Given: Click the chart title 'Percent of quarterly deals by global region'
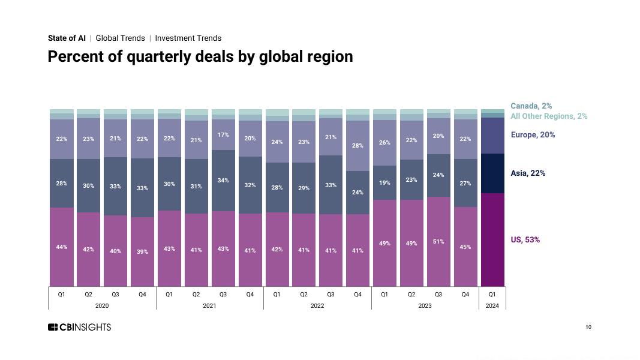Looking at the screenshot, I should click(x=200, y=56).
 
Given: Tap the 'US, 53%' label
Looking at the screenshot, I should click(x=525, y=240).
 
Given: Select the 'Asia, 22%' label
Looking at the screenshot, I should click(x=528, y=173).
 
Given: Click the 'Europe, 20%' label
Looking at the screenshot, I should click(x=533, y=135).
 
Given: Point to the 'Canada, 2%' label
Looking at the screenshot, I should click(x=531, y=106).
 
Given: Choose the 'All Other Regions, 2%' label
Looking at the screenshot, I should click(x=549, y=116).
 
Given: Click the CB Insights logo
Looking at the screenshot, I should click(x=79, y=327).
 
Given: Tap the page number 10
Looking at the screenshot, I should click(x=588, y=327).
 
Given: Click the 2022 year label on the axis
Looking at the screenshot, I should click(x=317, y=306).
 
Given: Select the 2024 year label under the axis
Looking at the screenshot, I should click(x=492, y=306).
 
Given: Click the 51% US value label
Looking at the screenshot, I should click(x=438, y=242).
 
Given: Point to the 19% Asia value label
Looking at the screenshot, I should click(x=384, y=183).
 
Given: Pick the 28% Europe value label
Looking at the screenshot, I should click(x=357, y=146).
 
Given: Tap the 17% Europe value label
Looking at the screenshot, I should click(x=223, y=135).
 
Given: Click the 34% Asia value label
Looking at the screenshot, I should click(x=223, y=181).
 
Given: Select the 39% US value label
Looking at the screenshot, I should click(x=142, y=252).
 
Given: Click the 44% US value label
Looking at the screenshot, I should click(x=62, y=247).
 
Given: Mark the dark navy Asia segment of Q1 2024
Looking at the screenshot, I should click(x=492, y=173).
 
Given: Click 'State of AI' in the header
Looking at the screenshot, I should click(x=67, y=38).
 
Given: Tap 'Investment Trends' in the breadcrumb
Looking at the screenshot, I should click(x=188, y=38).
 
